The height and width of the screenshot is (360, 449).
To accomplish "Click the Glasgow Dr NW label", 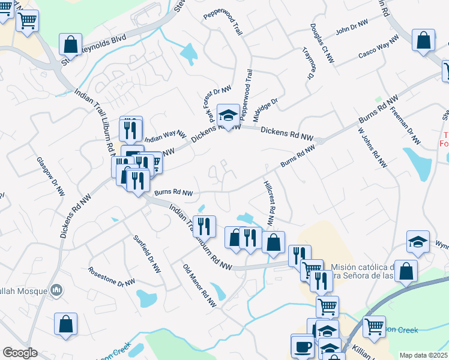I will (50, 177).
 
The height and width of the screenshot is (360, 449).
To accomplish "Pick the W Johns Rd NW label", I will (371, 148).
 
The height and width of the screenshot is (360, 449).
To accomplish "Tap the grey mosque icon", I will (56, 290).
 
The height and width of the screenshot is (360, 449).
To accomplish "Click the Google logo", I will (20, 353).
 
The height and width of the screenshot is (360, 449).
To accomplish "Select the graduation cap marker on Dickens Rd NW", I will (228, 115).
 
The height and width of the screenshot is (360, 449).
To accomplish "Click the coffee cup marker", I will (303, 346).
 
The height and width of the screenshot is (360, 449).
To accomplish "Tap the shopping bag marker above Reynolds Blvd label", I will (71, 44).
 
